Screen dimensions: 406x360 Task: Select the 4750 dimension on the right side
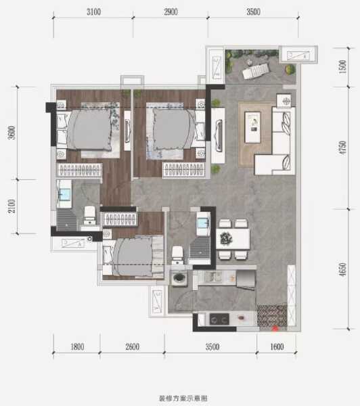coord(342,148)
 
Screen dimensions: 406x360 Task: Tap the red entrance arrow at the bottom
coord(275,330)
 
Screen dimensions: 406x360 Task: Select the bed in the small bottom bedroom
coord(134,255)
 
